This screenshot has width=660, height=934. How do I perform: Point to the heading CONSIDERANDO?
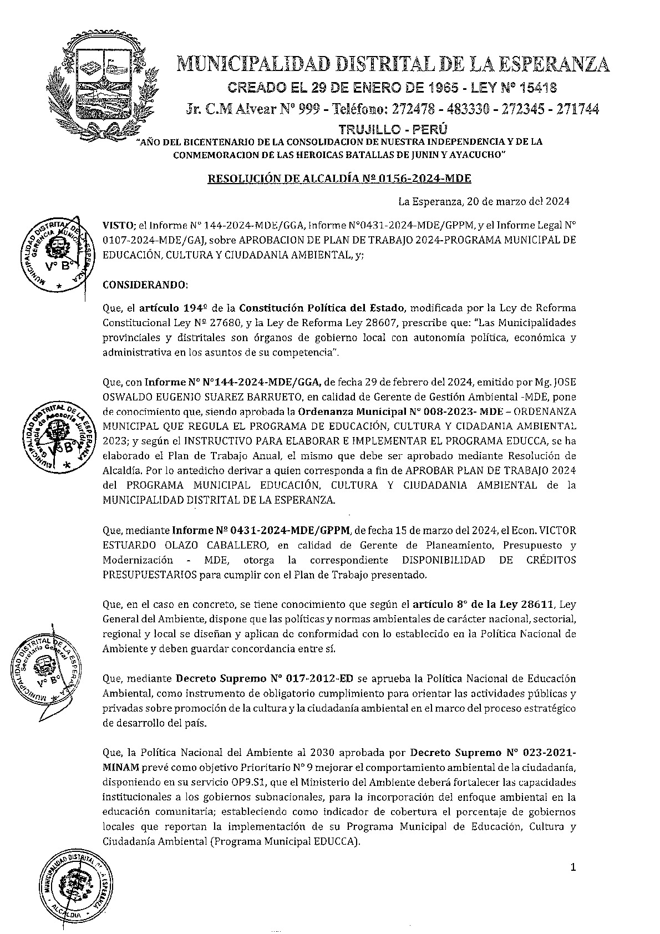[145, 285]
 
